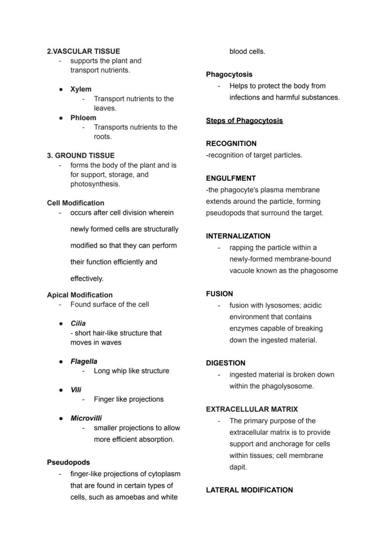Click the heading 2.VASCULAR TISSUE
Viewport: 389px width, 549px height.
point(83,51)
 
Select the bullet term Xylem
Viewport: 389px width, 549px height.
point(81,89)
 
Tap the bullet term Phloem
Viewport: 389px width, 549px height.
point(83,118)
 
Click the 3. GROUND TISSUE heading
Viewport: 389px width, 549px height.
point(80,155)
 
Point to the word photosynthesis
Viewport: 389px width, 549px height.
point(94,184)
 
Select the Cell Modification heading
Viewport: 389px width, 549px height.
point(75,203)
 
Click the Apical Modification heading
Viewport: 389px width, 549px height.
point(79,295)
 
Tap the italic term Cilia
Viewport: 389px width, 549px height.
point(78,324)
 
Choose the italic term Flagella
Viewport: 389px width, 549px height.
point(84,362)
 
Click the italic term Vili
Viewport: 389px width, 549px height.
point(76,390)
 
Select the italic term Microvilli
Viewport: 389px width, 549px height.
point(86,418)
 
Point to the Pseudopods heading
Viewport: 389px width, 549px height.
point(68,463)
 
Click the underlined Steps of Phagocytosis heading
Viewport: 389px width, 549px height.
point(244,121)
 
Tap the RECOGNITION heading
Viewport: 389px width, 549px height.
point(231,144)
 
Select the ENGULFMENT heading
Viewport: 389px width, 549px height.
point(231,178)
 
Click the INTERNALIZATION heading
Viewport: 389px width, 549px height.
point(238,236)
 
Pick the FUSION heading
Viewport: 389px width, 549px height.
point(219,294)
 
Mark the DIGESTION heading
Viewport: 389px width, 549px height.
point(226,363)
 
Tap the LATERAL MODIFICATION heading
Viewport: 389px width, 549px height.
point(249,490)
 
